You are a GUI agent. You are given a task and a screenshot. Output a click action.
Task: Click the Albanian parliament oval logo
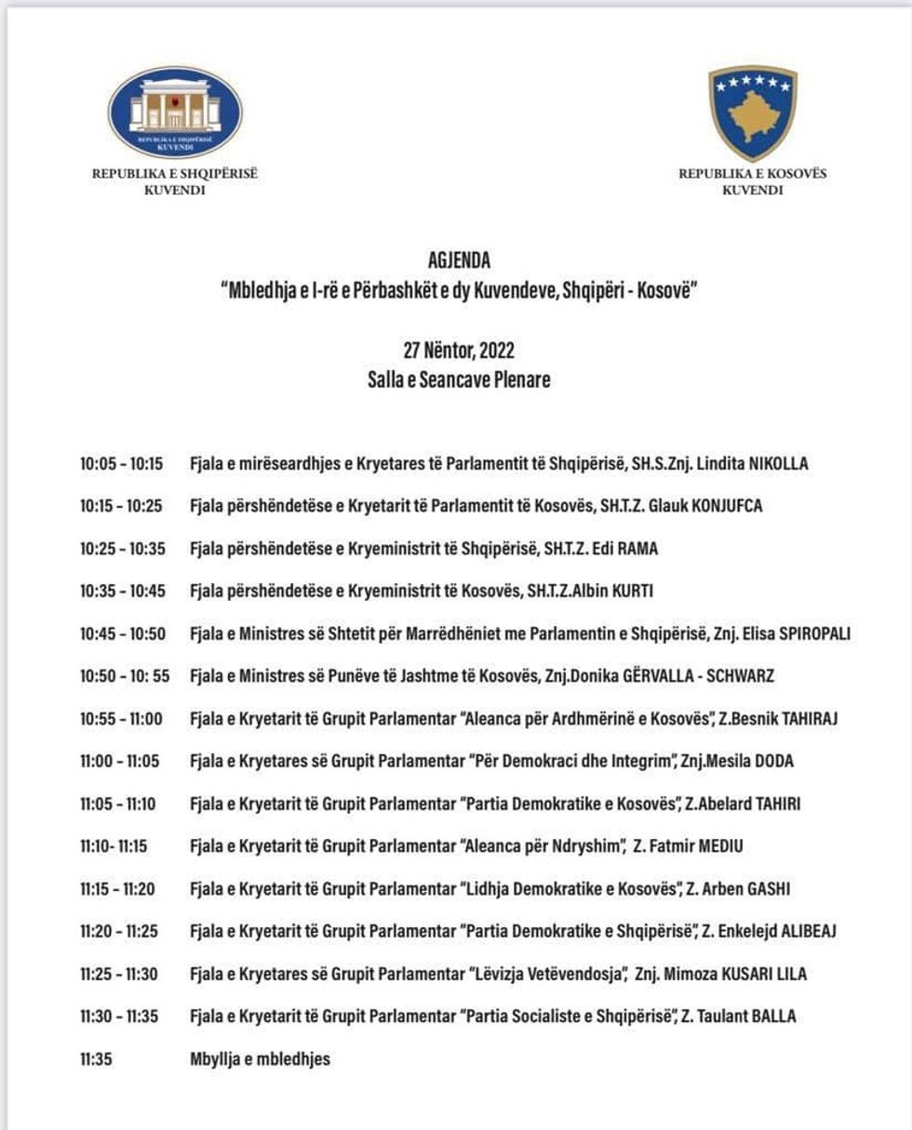point(175,113)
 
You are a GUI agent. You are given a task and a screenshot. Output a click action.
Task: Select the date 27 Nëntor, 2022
point(459,351)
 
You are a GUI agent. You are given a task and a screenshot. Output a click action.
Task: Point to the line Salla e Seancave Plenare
point(459,380)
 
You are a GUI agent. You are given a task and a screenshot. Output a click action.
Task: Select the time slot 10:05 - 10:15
point(121,463)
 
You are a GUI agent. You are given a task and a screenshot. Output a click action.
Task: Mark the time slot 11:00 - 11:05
point(119,761)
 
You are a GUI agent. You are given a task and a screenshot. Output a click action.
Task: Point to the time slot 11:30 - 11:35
point(119,1017)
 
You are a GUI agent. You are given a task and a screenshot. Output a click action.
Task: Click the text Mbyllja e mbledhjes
point(260,1058)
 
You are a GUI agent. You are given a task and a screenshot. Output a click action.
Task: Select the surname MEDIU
point(715,846)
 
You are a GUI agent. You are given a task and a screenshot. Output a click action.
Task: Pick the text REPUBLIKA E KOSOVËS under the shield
point(752,174)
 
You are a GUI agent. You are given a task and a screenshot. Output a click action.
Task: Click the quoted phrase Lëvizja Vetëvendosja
point(545,974)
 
